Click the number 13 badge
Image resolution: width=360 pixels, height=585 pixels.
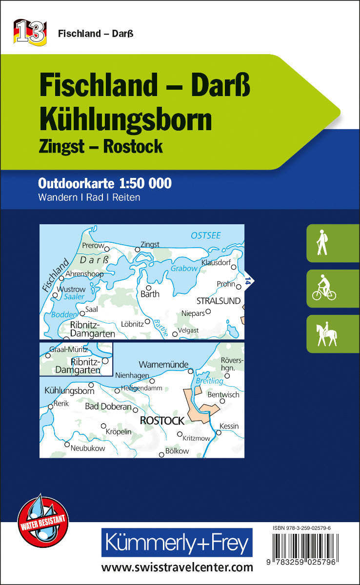(30, 33)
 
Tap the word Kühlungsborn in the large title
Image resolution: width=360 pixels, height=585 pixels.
(126, 119)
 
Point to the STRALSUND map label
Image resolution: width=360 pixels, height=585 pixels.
(219, 301)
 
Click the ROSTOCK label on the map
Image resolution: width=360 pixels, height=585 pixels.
(162, 420)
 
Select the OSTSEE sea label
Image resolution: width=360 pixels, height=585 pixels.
(205, 235)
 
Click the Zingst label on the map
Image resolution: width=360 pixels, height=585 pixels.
(150, 244)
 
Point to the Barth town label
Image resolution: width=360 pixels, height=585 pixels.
(150, 294)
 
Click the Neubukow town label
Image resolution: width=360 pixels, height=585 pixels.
(87, 448)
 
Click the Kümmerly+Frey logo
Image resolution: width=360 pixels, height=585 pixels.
(177, 542)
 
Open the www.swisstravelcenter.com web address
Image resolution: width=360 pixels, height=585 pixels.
(177, 567)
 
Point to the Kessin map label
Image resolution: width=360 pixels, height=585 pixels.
(229, 426)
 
